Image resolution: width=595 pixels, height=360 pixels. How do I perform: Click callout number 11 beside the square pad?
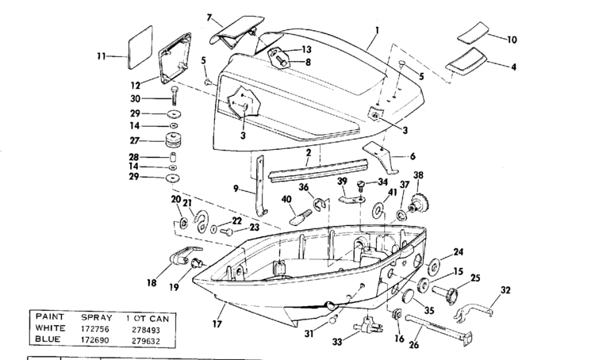[101, 56]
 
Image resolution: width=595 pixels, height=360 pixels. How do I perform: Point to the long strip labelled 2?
[317, 168]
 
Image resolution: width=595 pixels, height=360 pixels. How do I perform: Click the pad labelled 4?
[468, 61]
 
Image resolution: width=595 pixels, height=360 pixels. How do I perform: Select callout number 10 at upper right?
[511, 38]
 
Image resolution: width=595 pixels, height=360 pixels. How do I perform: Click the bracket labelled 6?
[383, 154]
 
